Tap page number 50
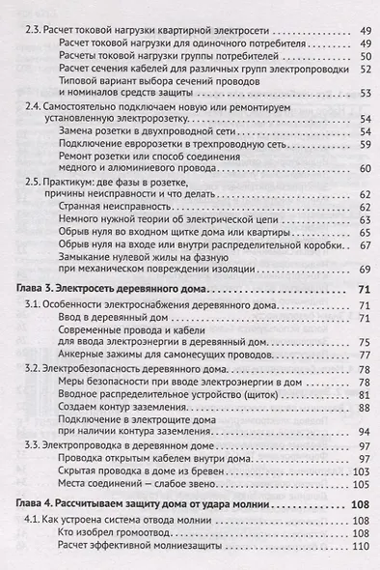[x=365, y=56]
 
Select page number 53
[x=365, y=93]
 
